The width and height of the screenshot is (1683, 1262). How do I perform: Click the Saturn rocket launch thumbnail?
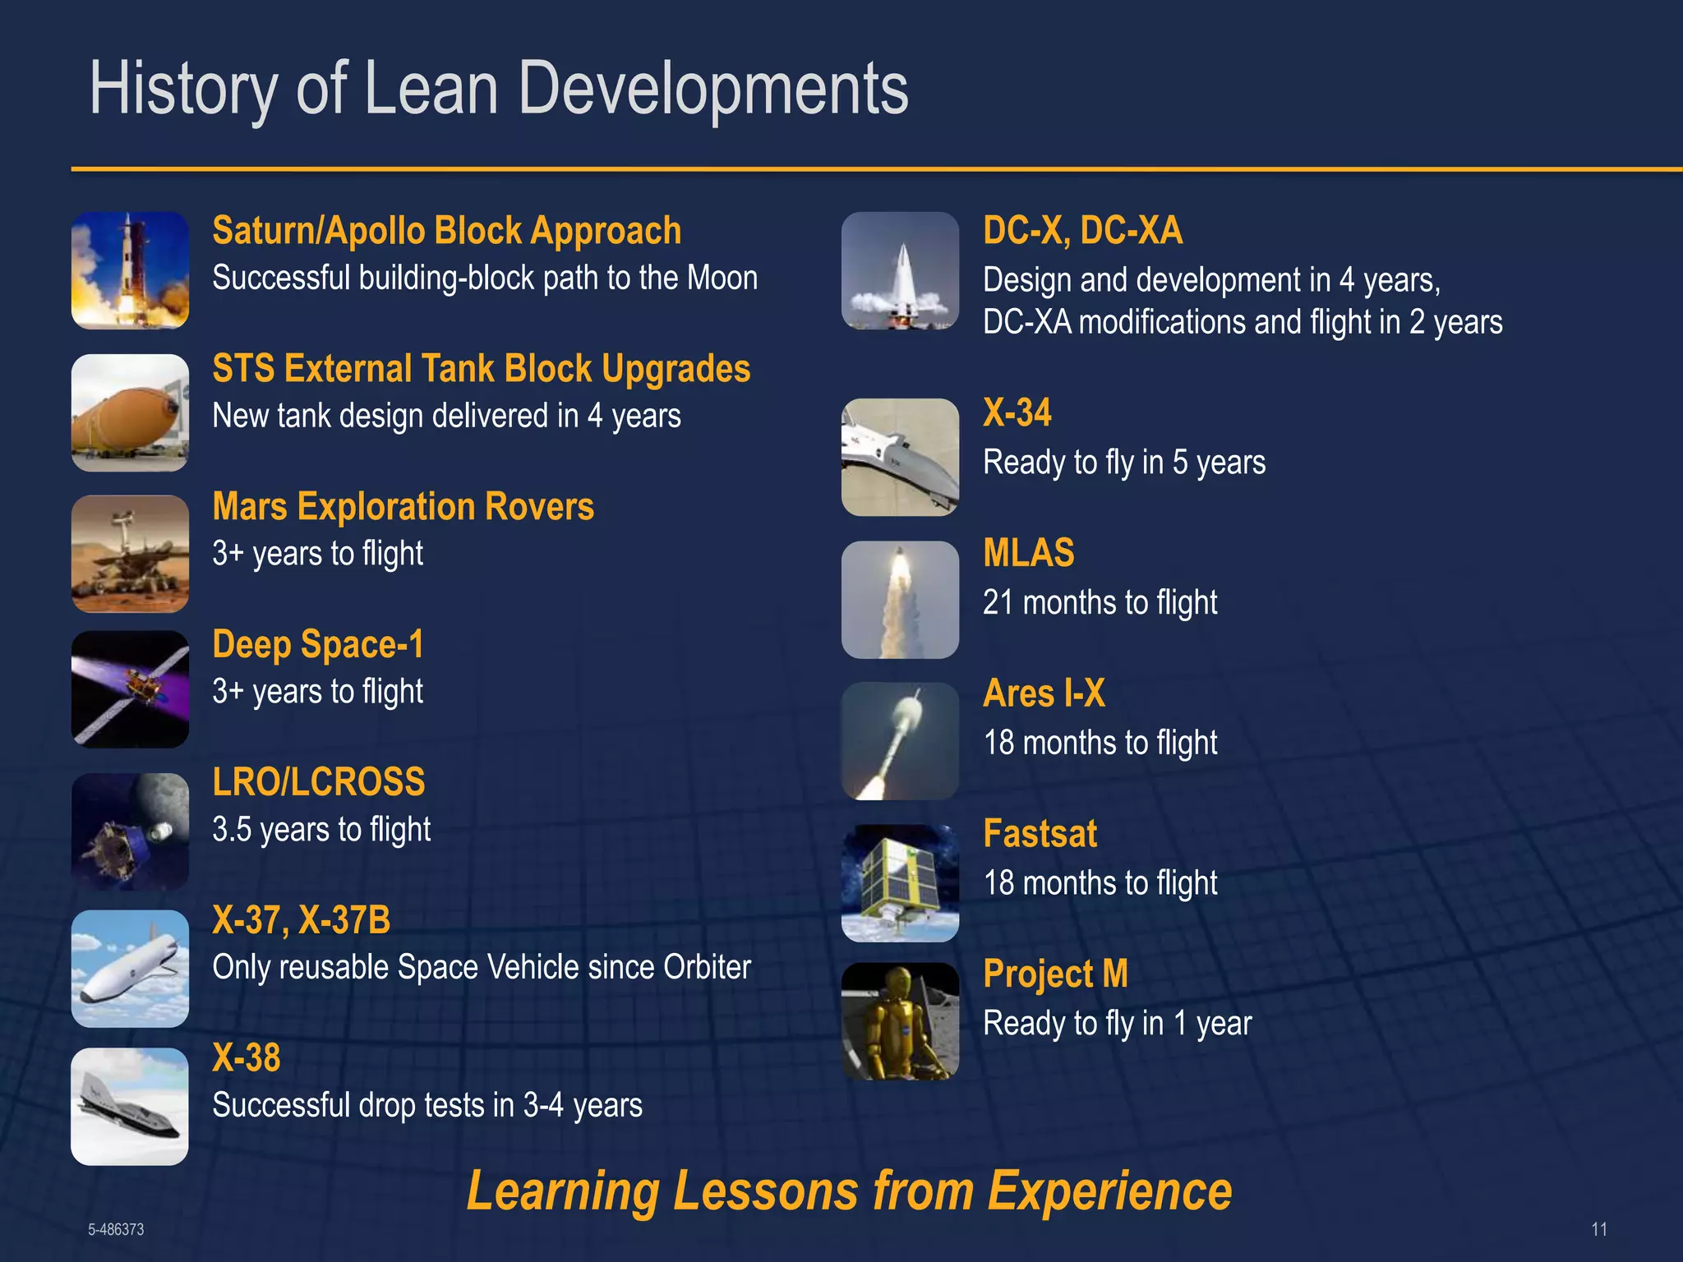(x=130, y=270)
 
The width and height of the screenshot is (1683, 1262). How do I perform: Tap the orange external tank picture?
(x=130, y=412)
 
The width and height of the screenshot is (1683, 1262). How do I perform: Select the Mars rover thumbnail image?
(x=130, y=554)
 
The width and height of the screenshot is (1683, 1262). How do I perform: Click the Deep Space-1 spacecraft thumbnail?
(x=130, y=689)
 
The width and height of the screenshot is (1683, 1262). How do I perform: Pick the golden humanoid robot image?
(x=900, y=1020)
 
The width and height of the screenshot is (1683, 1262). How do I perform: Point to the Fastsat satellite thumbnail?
(x=900, y=882)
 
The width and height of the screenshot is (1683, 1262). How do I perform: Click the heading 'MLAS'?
(x=1028, y=553)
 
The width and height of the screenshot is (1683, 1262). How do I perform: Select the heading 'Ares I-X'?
(x=1044, y=693)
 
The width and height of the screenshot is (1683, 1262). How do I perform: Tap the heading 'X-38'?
(x=246, y=1057)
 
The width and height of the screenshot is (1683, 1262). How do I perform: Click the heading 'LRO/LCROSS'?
(x=318, y=781)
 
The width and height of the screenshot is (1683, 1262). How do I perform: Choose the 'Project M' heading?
(x=1055, y=974)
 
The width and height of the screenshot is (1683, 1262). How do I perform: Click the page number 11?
(x=1598, y=1229)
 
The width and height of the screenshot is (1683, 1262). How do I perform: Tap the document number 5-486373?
(x=116, y=1229)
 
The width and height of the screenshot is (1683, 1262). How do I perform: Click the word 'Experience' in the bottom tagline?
(x=1109, y=1191)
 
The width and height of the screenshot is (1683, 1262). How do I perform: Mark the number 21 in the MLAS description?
(x=998, y=602)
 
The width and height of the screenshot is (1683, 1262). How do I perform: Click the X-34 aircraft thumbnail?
(x=900, y=457)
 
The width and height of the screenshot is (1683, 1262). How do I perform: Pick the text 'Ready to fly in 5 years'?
(x=1123, y=462)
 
